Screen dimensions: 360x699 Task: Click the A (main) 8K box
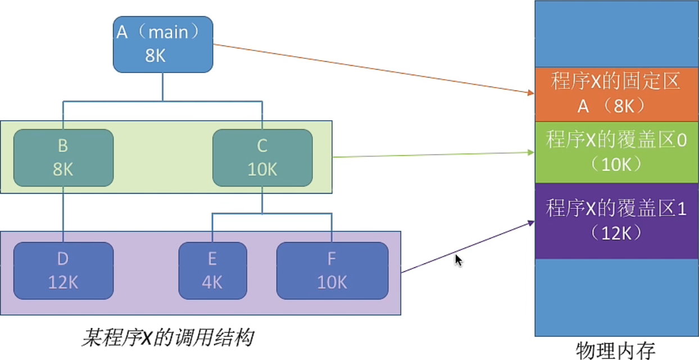[x=163, y=44]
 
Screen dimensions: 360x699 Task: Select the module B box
[x=63, y=158]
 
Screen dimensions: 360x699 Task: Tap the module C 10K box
[x=262, y=158]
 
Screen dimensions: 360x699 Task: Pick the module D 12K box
[x=63, y=271]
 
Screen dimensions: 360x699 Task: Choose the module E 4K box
[x=212, y=271]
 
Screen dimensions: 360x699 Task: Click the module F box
[x=332, y=271]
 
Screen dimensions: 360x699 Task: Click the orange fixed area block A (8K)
[x=616, y=94]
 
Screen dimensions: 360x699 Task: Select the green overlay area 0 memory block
[x=616, y=152]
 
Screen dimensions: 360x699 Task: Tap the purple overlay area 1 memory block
[x=616, y=221]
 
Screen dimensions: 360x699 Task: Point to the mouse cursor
[x=457, y=259]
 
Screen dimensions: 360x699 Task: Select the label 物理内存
[x=616, y=350]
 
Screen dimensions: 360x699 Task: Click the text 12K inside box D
[x=63, y=281]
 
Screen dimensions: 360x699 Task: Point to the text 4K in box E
[x=212, y=281]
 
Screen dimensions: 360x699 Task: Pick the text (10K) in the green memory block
[x=616, y=164]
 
